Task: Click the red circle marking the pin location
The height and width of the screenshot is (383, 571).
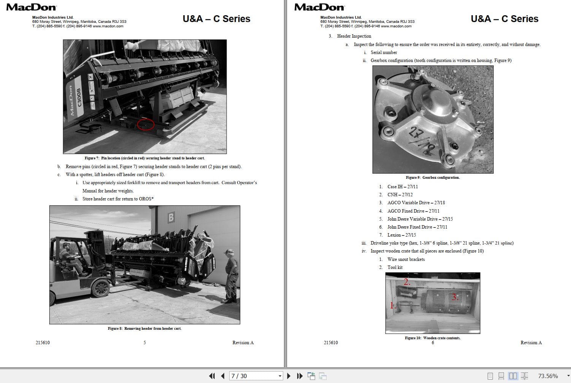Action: pyautogui.click(x=146, y=124)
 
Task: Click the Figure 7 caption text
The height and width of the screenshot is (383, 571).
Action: pyautogui.click(x=144, y=158)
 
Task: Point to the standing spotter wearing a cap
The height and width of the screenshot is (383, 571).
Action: pyautogui.click(x=230, y=276)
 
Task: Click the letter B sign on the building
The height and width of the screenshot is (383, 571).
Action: pyautogui.click(x=171, y=217)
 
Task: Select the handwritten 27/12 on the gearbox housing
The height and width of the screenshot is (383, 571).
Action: pyautogui.click(x=421, y=141)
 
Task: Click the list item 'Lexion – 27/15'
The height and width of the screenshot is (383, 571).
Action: pyautogui.click(x=401, y=235)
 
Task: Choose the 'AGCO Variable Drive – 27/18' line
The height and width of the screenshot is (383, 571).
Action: pyautogui.click(x=416, y=203)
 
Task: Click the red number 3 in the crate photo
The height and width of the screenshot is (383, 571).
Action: pyautogui.click(x=455, y=297)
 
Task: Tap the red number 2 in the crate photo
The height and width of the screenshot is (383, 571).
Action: pyautogui.click(x=407, y=282)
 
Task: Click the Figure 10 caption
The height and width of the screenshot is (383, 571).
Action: pyautogui.click(x=433, y=338)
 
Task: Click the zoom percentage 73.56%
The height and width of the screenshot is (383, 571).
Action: pyautogui.click(x=548, y=376)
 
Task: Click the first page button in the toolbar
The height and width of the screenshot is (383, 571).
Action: pyautogui.click(x=212, y=376)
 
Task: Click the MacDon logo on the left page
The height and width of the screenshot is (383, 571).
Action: pyautogui.click(x=32, y=7)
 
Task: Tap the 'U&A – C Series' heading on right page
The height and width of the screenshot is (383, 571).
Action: pyautogui.click(x=504, y=19)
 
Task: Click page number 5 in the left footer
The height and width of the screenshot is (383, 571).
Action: pyautogui.click(x=144, y=343)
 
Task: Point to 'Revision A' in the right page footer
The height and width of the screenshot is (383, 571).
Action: pyautogui.click(x=531, y=343)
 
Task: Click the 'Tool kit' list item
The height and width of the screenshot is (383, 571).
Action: pyautogui.click(x=395, y=267)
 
